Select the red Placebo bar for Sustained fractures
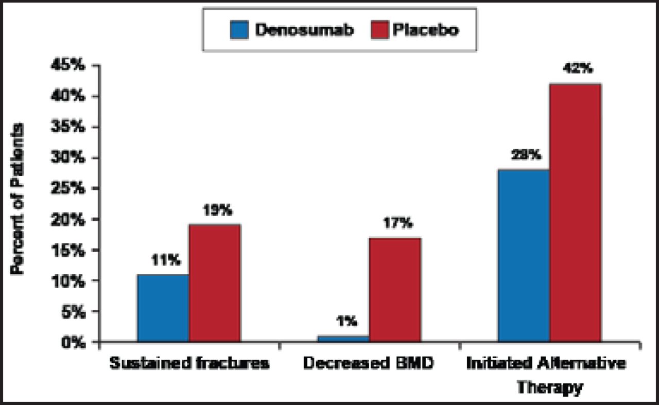pyautogui.click(x=215, y=283)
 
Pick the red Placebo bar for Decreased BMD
pyautogui.click(x=395, y=290)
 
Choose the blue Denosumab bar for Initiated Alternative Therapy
pyautogui.click(x=524, y=255)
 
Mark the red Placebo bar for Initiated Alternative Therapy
pyautogui.click(x=575, y=213)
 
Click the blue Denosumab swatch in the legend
pyautogui.click(x=239, y=30)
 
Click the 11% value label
pyautogui.click(x=166, y=260)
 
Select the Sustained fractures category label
pyautogui.click(x=189, y=363)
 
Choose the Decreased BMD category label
pyautogui.click(x=369, y=363)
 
